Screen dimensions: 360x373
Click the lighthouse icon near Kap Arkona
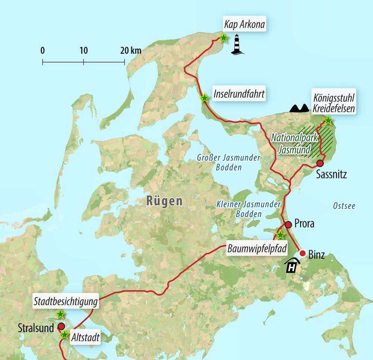click(238, 45)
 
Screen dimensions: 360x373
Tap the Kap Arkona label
click(244, 25)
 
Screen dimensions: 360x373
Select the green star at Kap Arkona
click(223, 38)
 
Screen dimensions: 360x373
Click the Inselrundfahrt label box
click(239, 94)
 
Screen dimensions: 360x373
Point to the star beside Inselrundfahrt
click(204, 98)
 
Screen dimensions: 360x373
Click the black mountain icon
click(300, 108)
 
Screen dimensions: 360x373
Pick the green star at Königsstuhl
click(327, 120)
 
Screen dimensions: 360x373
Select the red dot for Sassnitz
click(320, 163)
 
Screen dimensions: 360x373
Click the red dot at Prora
click(288, 224)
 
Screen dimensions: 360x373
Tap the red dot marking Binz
click(303, 253)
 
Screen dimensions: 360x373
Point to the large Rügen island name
click(164, 202)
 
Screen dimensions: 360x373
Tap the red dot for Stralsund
click(62, 326)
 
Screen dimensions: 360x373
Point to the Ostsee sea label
click(343, 206)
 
